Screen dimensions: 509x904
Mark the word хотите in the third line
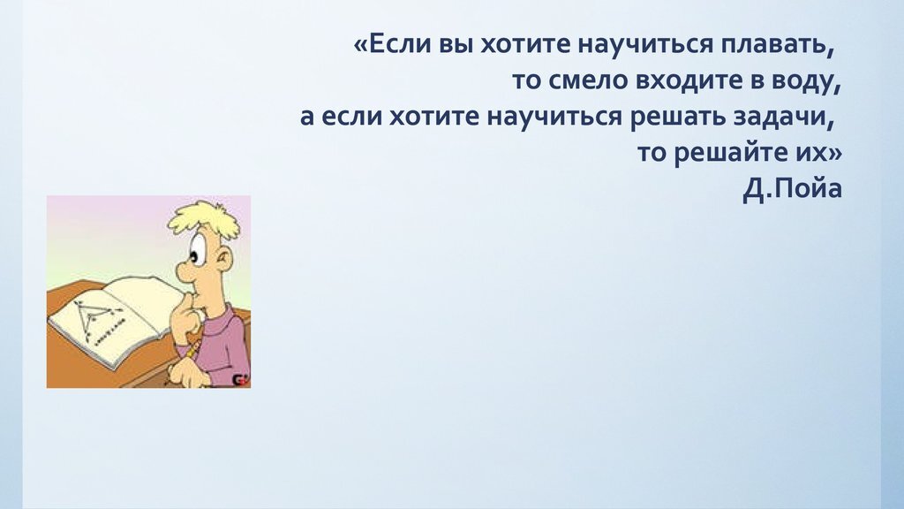[x=430, y=118]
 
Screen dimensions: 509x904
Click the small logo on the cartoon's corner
[x=239, y=379]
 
